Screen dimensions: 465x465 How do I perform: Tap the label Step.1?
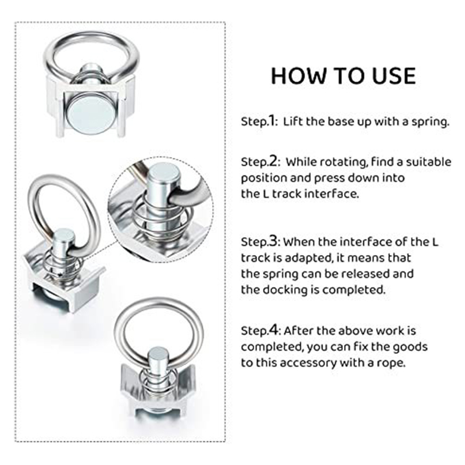[x=259, y=121]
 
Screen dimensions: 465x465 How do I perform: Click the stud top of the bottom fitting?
[x=158, y=354]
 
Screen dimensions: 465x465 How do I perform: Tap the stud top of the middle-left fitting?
[x=64, y=235]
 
